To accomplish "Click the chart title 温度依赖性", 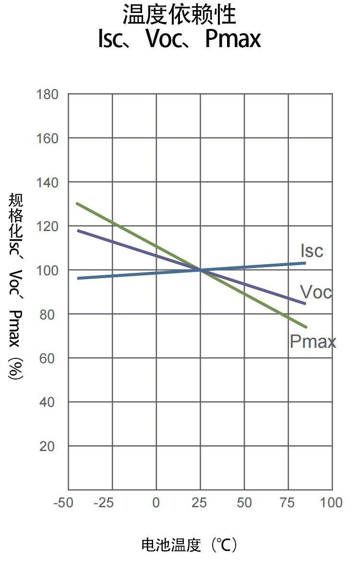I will click(180, 15).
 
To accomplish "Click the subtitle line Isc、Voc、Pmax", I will click(180, 39).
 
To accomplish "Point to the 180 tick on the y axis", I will click(47, 95).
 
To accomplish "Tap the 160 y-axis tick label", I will click(47, 139).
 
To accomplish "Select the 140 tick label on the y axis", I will click(47, 183).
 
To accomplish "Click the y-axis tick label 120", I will click(47, 227).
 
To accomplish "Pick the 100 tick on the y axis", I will click(47, 271).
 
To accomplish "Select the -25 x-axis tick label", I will click(104, 503).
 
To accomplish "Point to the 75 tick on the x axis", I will click(288, 503).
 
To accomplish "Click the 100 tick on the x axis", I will click(331, 503).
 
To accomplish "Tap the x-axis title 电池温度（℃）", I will click(189, 545).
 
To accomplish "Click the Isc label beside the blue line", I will click(312, 251).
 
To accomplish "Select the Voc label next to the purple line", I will click(316, 292).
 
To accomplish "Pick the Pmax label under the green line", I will click(313, 341).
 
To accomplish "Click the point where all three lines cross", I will click(200, 270).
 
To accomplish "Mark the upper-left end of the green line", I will click(78, 204).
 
